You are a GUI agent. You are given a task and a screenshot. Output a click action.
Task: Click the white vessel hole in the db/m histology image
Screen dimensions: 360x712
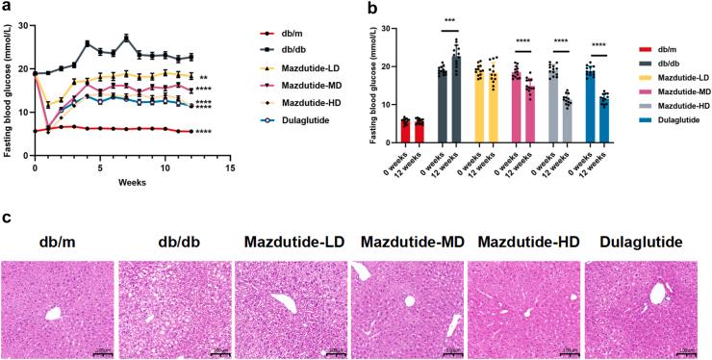tap(54, 314)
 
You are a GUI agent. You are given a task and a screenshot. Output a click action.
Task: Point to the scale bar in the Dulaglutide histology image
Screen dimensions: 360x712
tap(687, 350)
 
